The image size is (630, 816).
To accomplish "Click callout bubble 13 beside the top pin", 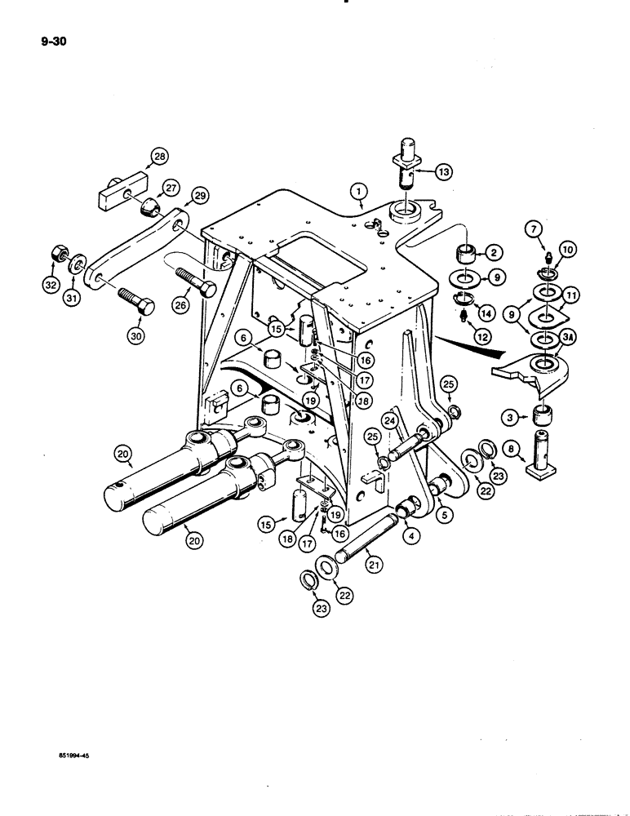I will tap(442, 171).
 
